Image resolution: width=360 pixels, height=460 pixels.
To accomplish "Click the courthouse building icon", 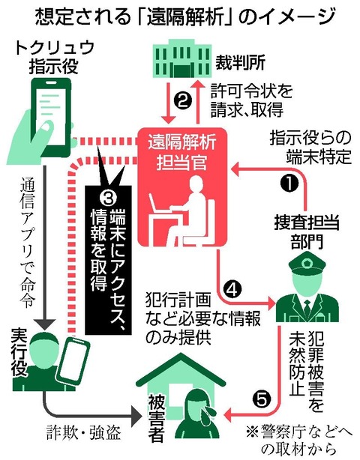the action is point(182,61).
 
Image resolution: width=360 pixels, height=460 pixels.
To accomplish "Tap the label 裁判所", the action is point(241,62).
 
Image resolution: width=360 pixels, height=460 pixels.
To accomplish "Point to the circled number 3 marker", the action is point(108,199).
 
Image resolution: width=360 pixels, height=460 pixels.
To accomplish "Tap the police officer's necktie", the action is point(307,307).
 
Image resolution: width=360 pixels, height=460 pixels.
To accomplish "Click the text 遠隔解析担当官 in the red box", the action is point(182,152).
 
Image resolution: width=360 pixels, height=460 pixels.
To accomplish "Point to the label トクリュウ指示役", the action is point(54,57).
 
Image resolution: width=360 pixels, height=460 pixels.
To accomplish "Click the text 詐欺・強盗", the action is point(84,432).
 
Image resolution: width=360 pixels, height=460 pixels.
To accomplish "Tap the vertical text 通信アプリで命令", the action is point(28,241).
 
